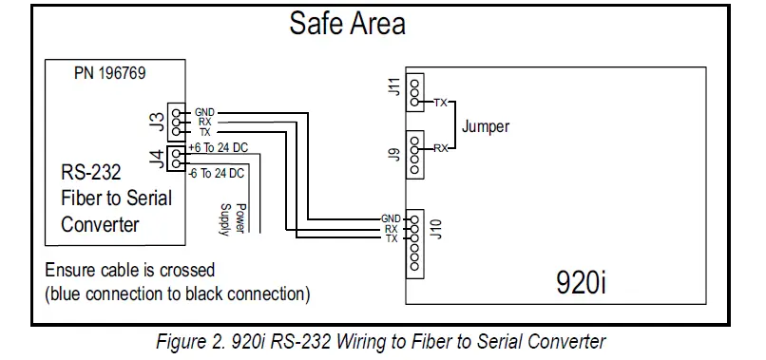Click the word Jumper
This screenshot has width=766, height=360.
coord(486,125)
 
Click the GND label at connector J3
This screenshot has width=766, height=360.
coord(204,111)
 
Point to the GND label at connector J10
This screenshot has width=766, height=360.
coord(391,218)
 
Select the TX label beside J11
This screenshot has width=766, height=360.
coord(441,102)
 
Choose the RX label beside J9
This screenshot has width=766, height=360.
coord(441,148)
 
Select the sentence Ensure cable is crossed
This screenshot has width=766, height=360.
coord(129,270)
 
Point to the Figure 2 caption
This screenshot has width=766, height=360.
coord(381,342)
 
